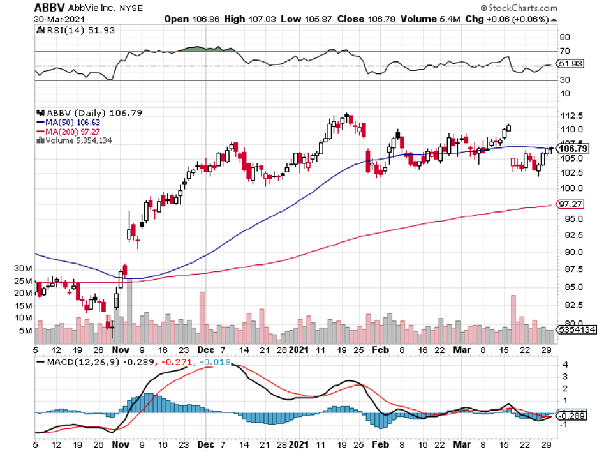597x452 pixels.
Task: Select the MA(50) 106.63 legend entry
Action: [67, 122]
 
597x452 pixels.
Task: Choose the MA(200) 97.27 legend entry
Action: [67, 131]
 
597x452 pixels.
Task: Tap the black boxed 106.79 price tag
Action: [573, 148]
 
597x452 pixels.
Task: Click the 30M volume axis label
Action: [24, 268]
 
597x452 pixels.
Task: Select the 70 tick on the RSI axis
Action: [564, 50]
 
